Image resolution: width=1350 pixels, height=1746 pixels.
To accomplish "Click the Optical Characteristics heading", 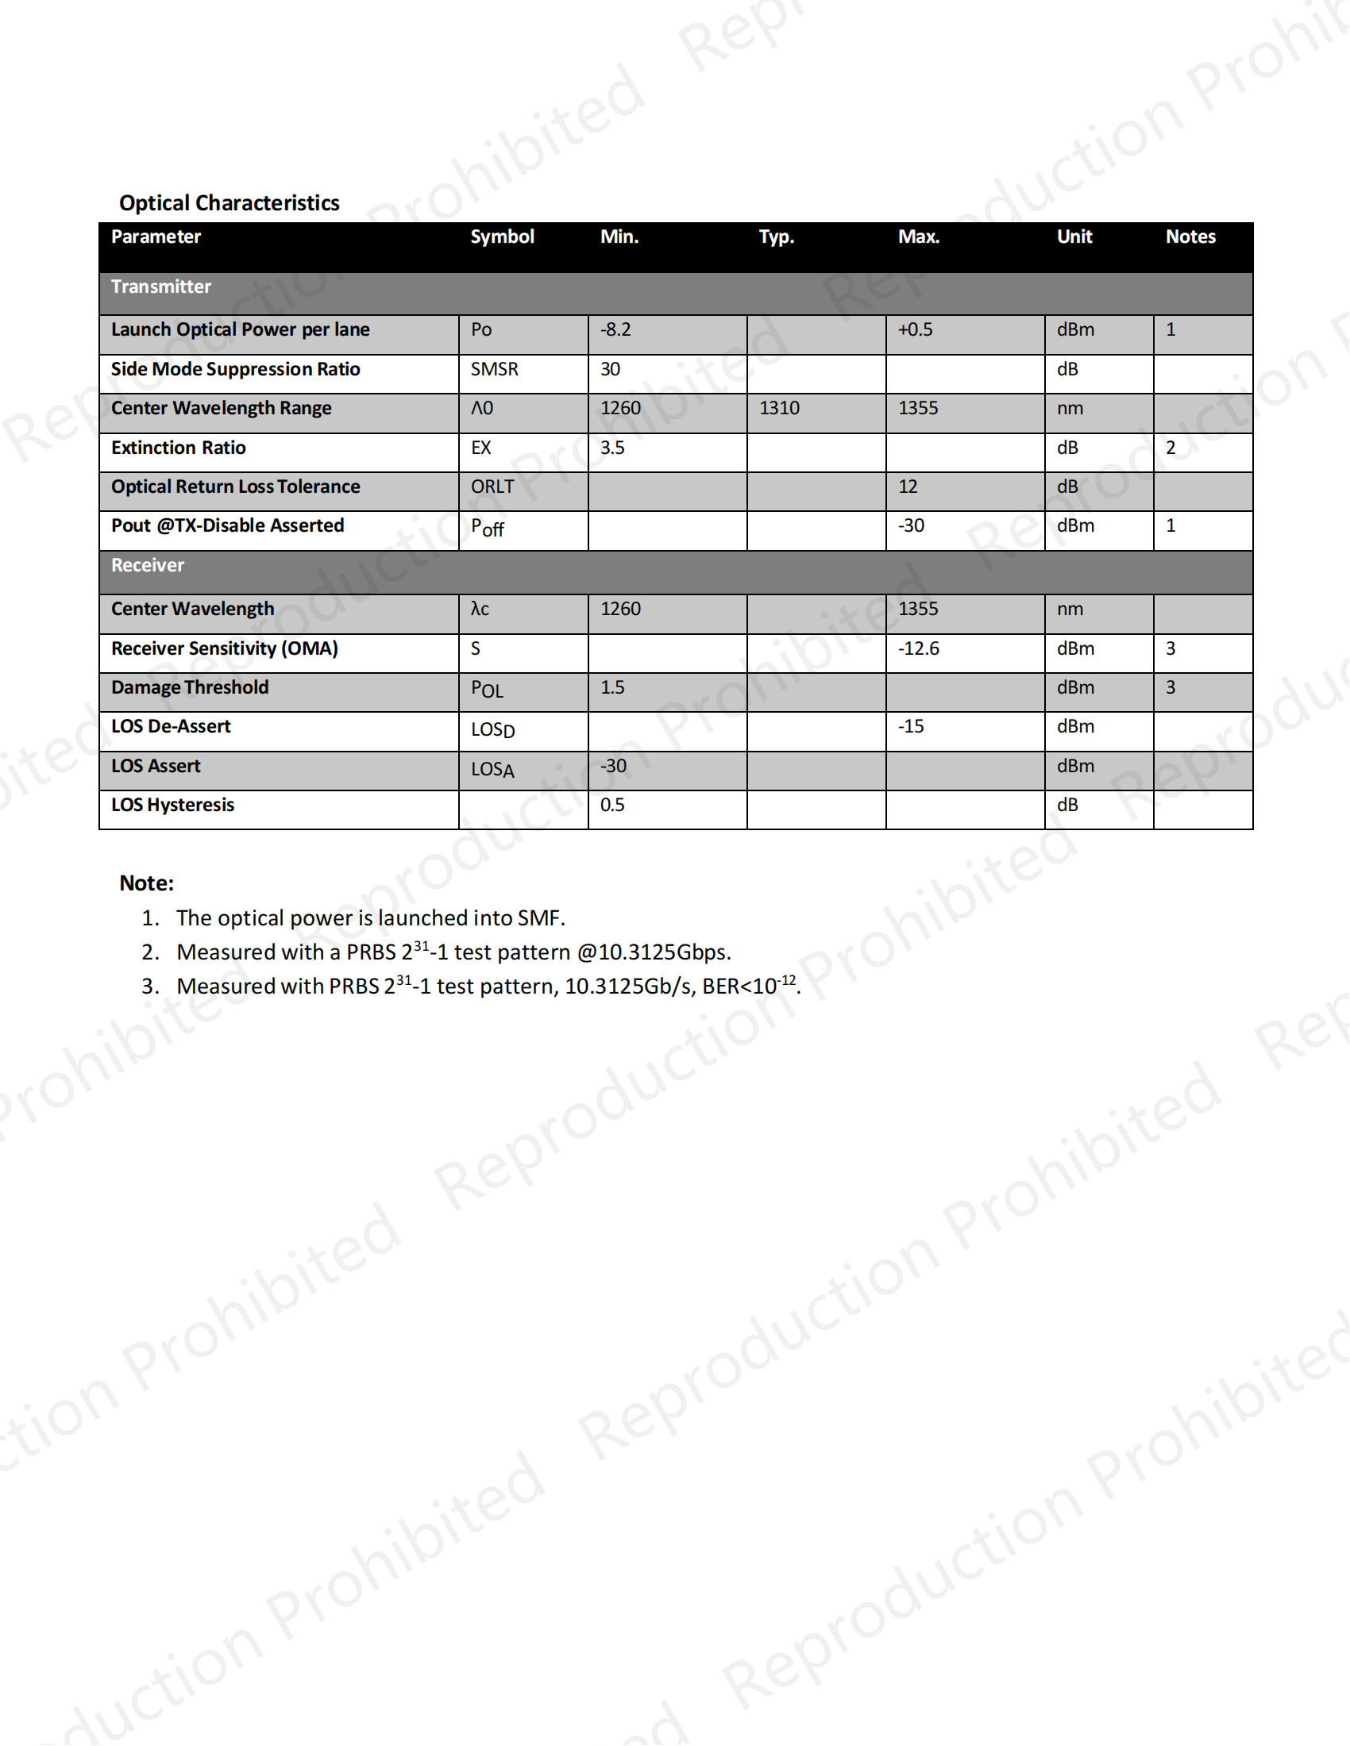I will tap(229, 203).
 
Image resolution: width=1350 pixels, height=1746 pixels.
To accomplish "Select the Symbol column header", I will tap(501, 237).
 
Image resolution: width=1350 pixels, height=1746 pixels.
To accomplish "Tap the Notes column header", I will tap(1190, 237).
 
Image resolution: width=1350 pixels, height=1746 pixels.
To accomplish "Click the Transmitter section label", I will tap(160, 287).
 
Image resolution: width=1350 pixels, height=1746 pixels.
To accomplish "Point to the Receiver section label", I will tap(147, 565).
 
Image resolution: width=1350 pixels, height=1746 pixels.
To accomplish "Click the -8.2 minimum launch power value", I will tap(615, 329).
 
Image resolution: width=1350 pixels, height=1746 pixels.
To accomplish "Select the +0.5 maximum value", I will tap(915, 329).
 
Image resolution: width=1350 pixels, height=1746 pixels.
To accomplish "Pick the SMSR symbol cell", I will tap(494, 369).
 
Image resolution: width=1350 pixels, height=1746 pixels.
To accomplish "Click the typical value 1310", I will tap(779, 409).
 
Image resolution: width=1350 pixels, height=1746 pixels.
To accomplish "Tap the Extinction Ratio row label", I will tap(179, 448).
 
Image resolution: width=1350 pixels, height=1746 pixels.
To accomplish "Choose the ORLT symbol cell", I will tap(492, 486).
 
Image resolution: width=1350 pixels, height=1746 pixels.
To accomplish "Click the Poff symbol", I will tap(487, 528).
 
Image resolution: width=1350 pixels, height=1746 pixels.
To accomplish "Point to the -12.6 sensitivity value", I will tap(918, 648).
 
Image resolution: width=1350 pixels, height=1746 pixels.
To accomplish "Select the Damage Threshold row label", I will tap(190, 687).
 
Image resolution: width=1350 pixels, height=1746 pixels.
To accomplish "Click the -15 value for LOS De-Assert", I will tap(911, 727).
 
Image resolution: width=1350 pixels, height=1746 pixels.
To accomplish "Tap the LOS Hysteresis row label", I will tap(173, 805).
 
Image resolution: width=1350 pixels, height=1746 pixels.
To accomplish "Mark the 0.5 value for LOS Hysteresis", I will tap(611, 805).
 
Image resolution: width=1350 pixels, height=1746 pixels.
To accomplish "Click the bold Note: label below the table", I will tap(146, 883).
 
